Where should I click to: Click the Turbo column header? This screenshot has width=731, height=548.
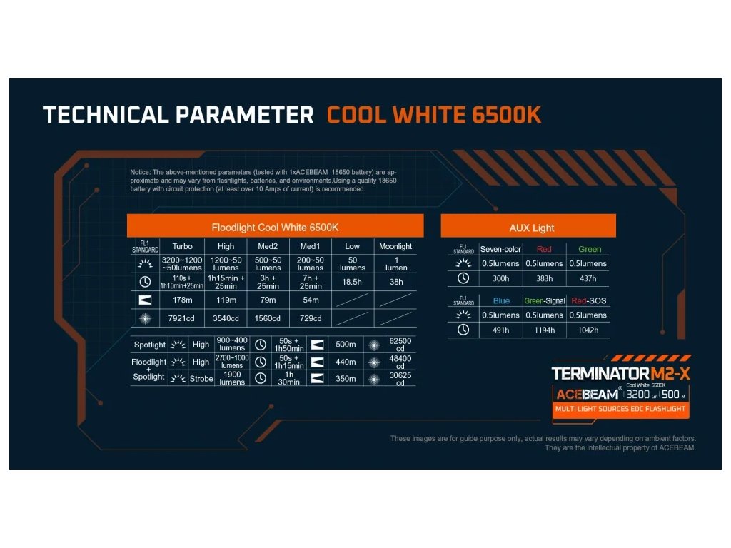[x=182, y=246]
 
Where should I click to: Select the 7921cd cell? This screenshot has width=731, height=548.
[x=181, y=318]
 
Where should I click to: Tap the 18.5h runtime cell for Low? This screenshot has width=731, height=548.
[x=352, y=282]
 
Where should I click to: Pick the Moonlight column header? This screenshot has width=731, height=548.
[x=395, y=246]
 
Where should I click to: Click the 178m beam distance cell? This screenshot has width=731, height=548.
[x=182, y=300]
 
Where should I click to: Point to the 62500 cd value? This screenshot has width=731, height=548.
[x=400, y=345]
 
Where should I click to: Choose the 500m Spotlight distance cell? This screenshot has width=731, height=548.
[x=346, y=345]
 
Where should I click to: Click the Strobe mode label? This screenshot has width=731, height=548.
[x=201, y=379]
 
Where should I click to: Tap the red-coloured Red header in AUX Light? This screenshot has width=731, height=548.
[x=544, y=249]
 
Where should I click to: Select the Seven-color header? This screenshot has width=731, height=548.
[x=500, y=249]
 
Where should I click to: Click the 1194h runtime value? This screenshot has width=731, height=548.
[x=545, y=330]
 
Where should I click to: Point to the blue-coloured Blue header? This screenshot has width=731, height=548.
[x=501, y=300]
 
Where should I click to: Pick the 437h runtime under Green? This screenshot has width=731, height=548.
[x=588, y=278]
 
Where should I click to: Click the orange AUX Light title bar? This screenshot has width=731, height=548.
[x=528, y=226]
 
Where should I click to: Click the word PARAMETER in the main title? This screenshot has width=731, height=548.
[x=244, y=115]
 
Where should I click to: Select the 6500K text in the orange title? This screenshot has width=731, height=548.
[x=506, y=115]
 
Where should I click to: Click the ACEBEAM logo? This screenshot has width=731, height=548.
[x=588, y=394]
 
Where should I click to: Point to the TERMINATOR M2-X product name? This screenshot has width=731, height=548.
[x=620, y=373]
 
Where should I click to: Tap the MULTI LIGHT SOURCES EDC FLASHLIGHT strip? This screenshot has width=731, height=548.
[x=620, y=409]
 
